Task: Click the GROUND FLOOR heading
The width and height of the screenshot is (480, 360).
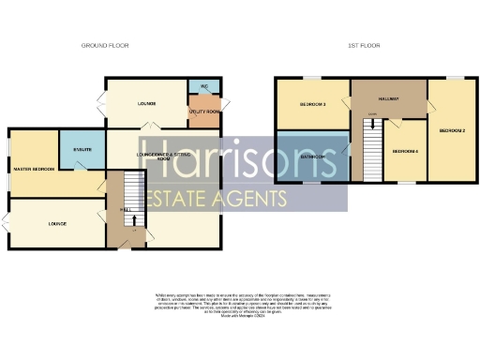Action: tap(105, 45)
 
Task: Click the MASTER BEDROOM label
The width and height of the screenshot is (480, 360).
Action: tap(34, 169)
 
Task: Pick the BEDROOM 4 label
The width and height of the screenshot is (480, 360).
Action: tap(405, 151)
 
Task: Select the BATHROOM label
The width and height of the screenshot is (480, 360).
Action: tap(312, 156)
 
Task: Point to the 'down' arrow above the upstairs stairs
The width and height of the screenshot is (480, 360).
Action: tap(373, 115)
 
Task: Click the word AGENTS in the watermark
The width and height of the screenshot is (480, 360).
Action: tap(254, 199)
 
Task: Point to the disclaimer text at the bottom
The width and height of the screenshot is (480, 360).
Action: tap(239, 306)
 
